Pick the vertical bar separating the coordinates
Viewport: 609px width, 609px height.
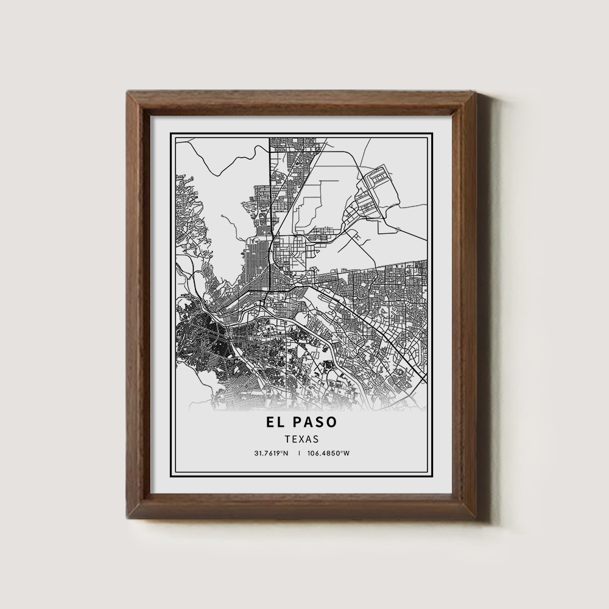[x=300, y=453]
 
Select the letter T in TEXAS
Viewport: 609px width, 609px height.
[x=287, y=438]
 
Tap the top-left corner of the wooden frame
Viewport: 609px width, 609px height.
[x=127, y=91]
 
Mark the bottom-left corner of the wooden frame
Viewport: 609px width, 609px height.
[x=127, y=517]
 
